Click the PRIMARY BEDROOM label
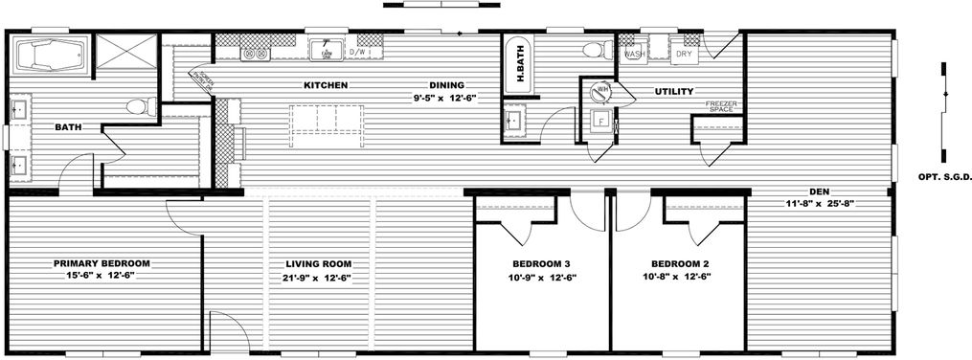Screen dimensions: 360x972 pyautogui.click(x=102, y=263)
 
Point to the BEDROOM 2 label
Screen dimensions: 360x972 pyautogui.click(x=680, y=263)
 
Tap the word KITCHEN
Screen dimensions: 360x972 pyautogui.click(x=325, y=85)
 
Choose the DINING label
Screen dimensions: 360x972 pyautogui.click(x=445, y=85)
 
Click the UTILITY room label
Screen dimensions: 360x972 pyautogui.click(x=674, y=92)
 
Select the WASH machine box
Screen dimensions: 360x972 pyautogui.click(x=633, y=54)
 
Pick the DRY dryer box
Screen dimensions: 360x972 pyautogui.click(x=684, y=54)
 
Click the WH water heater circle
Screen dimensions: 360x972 pyautogui.click(x=603, y=92)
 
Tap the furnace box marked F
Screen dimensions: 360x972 pyautogui.click(x=600, y=122)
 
